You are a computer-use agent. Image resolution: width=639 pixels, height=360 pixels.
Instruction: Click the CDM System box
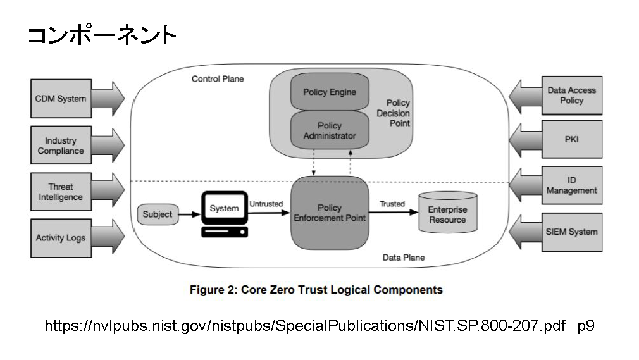coord(61,99)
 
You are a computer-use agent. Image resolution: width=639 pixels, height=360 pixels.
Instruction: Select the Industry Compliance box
coord(61,146)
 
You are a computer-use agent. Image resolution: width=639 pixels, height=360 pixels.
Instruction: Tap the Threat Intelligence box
coord(61,192)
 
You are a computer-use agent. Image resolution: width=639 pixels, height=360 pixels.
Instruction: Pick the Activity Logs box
coord(61,238)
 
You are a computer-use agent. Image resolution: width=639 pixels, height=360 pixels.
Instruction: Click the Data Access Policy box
coord(571,96)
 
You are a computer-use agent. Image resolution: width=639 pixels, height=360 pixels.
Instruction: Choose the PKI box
coord(571,139)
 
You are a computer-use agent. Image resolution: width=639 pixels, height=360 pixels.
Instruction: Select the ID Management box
coord(571,185)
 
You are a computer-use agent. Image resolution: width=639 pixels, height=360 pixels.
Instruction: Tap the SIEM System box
coord(571,232)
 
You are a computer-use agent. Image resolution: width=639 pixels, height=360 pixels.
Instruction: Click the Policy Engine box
coord(329,92)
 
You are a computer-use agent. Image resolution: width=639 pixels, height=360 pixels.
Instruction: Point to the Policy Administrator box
coord(329,130)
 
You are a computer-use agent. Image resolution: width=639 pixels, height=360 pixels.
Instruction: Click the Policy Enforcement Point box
coord(329,213)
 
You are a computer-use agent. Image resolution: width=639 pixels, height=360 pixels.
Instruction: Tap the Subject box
coord(158,214)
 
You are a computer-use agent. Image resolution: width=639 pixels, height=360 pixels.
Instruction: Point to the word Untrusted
coord(266,204)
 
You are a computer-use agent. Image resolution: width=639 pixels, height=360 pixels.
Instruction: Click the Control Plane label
coord(218,79)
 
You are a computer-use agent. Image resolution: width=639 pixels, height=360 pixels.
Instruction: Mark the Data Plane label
coord(404,258)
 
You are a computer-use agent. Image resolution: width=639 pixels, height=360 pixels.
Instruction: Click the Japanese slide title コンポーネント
coord(101,35)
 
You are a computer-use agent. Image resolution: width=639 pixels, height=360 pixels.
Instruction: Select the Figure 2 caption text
coord(316,290)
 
